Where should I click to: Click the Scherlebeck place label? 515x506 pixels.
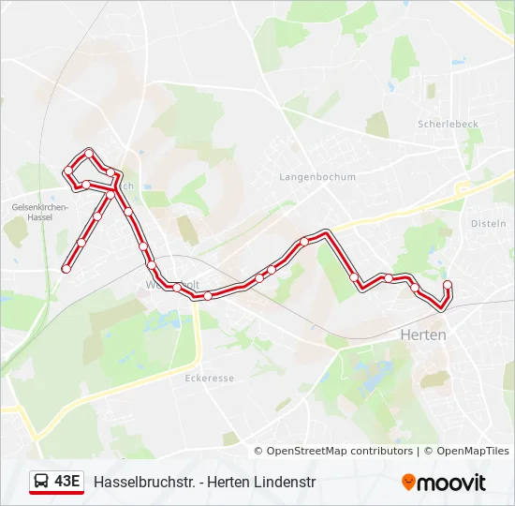coord(448,124)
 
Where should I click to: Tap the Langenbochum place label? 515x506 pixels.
coord(317,176)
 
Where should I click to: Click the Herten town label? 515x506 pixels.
coord(422,335)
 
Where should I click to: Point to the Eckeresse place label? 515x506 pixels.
coord(210,378)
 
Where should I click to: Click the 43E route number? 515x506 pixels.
coord(67,482)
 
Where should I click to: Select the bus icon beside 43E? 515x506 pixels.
coord(42,482)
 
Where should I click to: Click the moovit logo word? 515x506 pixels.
coord(451,483)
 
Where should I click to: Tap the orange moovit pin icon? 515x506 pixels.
coord(408,483)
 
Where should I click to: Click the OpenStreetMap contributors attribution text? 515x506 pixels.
coord(333,451)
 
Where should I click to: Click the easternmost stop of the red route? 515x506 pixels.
coord(447,285)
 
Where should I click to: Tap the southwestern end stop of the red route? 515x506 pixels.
coord(66,269)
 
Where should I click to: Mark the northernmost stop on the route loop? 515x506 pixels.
coord(89,152)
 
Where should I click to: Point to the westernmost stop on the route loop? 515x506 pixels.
coord(67,171)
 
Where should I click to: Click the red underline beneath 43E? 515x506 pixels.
coord(56,494)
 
